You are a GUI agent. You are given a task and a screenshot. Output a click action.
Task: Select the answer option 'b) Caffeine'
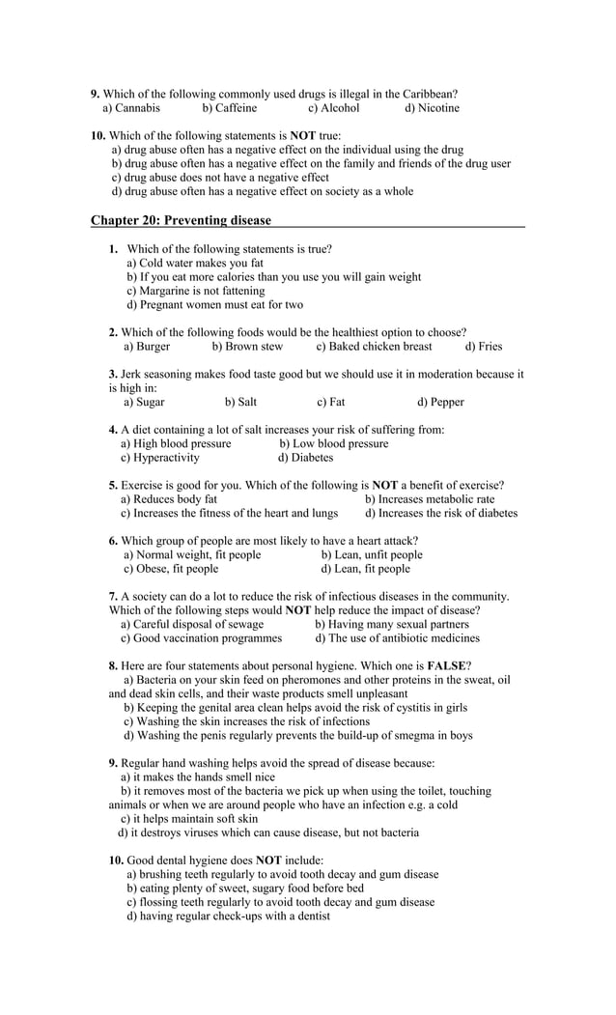click(x=229, y=108)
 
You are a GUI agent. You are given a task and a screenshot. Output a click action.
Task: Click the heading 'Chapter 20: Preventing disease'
click(x=181, y=220)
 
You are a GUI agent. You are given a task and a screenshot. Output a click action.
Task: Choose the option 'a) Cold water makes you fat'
click(x=195, y=263)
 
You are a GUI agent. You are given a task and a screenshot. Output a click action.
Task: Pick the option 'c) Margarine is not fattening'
click(x=195, y=291)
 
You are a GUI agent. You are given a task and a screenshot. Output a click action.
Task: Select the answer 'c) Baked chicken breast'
click(x=374, y=347)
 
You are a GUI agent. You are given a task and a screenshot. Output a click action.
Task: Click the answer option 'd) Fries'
click(x=483, y=347)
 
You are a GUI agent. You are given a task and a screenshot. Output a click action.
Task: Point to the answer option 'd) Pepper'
click(x=440, y=403)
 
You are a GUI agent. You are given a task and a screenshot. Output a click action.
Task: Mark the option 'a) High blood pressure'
click(x=176, y=444)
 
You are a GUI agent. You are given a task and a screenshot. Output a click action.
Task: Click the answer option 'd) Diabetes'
click(x=305, y=458)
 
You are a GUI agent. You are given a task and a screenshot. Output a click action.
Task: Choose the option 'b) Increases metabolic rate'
click(x=429, y=500)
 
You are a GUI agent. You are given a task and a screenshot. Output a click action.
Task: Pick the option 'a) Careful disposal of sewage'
click(x=191, y=625)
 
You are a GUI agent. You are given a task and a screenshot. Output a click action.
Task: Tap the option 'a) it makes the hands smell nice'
click(x=197, y=777)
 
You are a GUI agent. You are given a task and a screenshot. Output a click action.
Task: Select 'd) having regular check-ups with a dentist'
click(x=228, y=916)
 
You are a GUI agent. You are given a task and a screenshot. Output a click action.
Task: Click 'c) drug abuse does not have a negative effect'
click(x=220, y=178)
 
